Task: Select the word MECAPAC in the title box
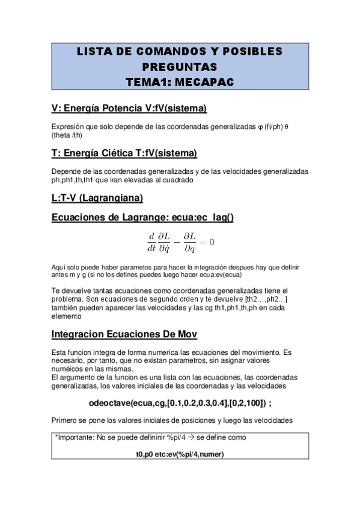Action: coord(208,80)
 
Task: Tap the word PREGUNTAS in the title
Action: coord(180,66)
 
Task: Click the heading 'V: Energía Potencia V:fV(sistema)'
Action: coord(129,108)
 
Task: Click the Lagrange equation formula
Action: coord(180,242)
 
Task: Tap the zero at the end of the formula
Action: coord(211,242)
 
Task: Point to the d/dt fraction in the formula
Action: coord(151,242)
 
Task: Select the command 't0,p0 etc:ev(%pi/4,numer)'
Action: coord(180,453)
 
